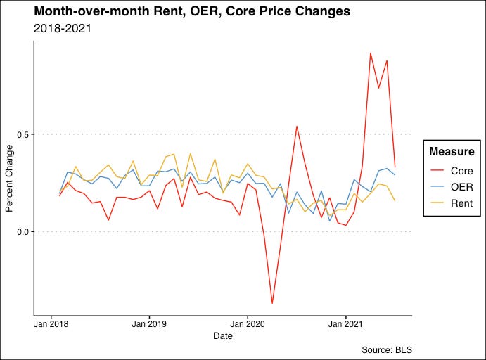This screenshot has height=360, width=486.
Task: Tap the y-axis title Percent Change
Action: click(x=9, y=179)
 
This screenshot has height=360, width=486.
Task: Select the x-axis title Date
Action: click(x=222, y=336)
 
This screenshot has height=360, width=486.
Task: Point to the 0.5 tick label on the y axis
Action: click(x=21, y=134)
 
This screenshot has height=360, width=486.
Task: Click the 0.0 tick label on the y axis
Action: click(x=21, y=232)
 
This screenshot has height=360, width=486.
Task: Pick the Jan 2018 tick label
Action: click(x=52, y=324)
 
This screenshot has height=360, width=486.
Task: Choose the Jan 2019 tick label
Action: click(x=149, y=324)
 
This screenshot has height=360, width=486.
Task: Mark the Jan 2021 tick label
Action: click(x=345, y=324)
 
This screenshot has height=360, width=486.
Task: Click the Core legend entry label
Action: click(x=462, y=171)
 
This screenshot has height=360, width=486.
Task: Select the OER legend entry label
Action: click(x=461, y=188)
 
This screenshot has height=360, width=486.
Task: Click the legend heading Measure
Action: click(x=452, y=152)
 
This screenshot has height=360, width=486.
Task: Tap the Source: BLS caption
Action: click(x=386, y=349)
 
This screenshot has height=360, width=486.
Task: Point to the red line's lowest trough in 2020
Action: click(x=272, y=303)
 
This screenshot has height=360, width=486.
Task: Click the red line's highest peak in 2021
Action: click(x=371, y=53)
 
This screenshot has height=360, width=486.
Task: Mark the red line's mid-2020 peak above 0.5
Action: click(x=297, y=126)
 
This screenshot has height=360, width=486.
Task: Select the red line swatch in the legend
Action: click(x=437, y=171)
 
